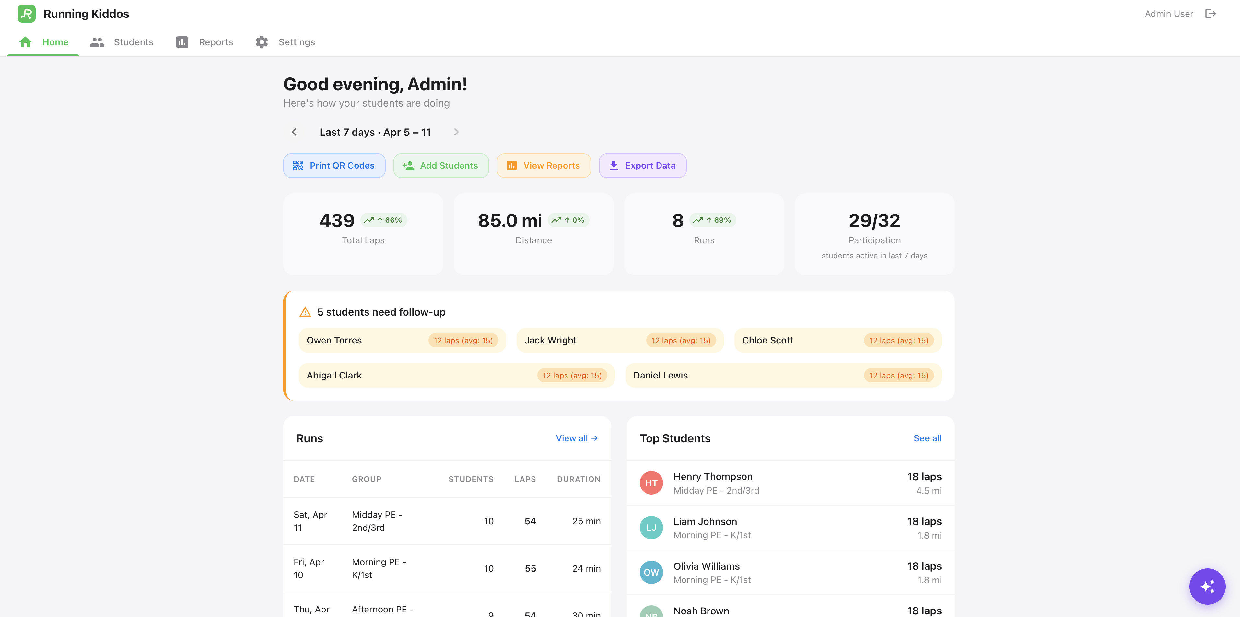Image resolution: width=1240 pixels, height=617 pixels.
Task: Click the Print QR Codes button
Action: coord(334,166)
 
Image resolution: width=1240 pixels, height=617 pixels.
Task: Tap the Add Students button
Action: coord(441,166)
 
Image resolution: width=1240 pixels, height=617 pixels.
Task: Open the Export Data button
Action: coord(642,166)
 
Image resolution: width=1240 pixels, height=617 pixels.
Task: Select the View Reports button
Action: coord(544,166)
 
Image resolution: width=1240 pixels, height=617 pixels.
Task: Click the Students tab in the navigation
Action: coord(122,42)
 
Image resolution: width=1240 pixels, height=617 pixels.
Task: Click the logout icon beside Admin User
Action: coord(1210,14)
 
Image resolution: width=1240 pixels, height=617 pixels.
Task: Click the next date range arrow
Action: coord(456,132)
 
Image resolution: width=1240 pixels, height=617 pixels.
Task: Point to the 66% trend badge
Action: coord(384,220)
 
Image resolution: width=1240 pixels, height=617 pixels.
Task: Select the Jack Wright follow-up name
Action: coord(550,340)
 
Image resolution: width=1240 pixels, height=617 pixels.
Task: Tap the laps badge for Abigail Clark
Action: coord(572,375)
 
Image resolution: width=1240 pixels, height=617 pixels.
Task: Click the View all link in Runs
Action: coord(576,438)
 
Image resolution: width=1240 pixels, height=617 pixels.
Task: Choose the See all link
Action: coord(927,438)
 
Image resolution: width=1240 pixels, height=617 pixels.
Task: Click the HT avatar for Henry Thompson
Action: coord(651,483)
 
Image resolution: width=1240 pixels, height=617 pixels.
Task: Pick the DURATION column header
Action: coord(578,479)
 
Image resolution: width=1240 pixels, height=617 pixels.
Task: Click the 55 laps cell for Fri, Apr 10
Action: coord(530,568)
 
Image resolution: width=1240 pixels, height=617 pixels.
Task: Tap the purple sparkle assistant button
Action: coord(1207,586)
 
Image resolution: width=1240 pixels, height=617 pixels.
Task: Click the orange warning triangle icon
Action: coord(305,312)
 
